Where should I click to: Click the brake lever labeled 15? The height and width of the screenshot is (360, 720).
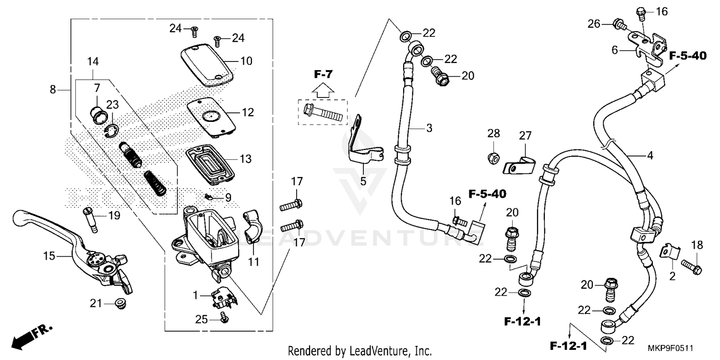pyautogui.click(x=82, y=250)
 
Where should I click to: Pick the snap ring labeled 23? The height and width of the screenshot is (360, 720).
pyautogui.click(x=111, y=131)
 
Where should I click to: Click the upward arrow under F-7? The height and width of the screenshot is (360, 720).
pyautogui.click(x=322, y=89)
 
